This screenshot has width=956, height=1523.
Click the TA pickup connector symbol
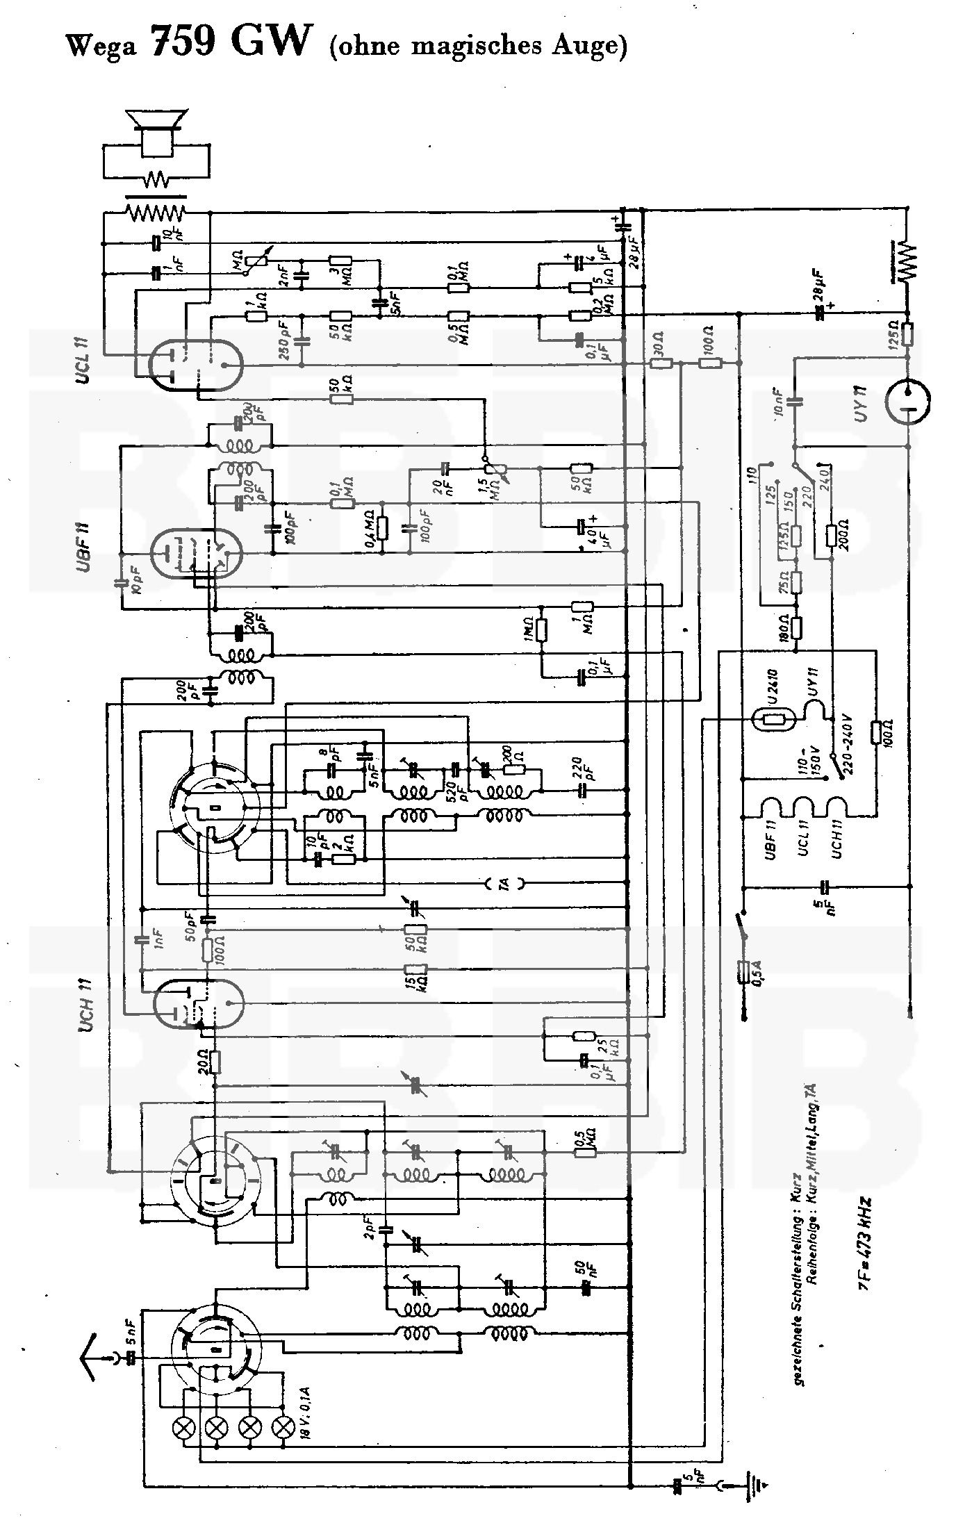coord(505,884)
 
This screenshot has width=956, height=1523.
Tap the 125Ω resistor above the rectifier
coord(908,334)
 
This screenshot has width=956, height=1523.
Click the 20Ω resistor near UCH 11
coord(215,1062)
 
